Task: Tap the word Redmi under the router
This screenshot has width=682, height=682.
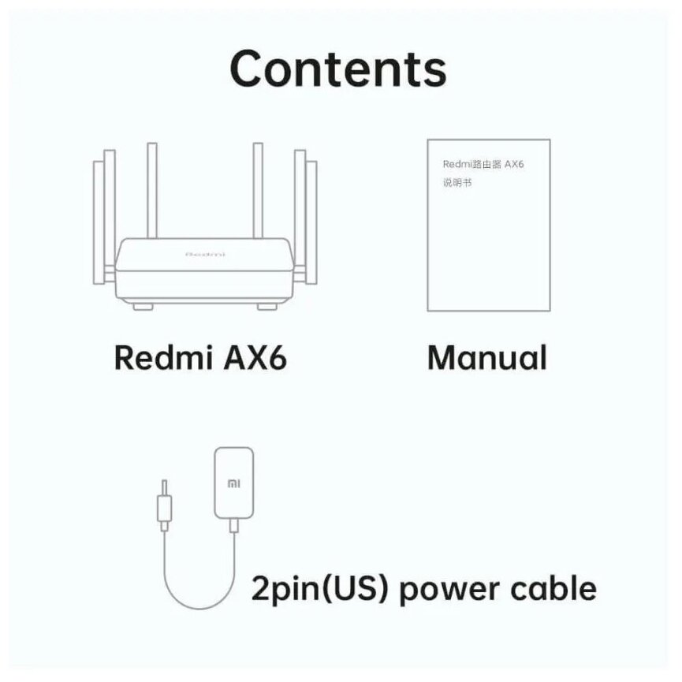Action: point(155,357)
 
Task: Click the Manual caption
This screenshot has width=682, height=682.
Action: point(486,357)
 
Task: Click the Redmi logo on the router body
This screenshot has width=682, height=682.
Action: point(205,254)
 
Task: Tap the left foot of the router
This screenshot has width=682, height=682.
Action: point(142,304)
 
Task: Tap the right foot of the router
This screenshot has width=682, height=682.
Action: point(269,304)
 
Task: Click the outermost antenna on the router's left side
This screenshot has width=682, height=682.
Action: point(98,225)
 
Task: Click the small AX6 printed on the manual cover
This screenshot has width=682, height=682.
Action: point(514,164)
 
